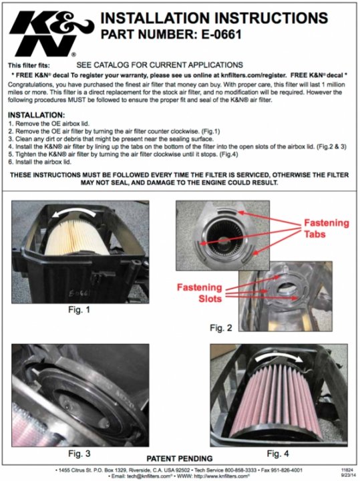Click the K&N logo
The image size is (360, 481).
pyautogui.click(x=51, y=34)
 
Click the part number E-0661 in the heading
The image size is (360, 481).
pyautogui.click(x=221, y=34)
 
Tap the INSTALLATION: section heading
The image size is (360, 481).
pyautogui.click(x=37, y=115)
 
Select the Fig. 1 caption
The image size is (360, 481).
pyautogui.click(x=79, y=310)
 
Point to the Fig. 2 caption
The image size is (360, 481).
pyautogui.click(x=221, y=328)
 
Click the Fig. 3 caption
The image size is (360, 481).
pyautogui.click(x=79, y=454)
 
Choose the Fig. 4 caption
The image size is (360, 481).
pyautogui.click(x=278, y=454)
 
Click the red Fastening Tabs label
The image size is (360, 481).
pyautogui.click(x=326, y=228)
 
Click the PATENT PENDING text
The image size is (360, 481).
pyautogui.click(x=180, y=458)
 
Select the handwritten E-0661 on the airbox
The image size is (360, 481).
pyautogui.click(x=79, y=293)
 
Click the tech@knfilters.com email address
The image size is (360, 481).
pyautogui.click(x=148, y=476)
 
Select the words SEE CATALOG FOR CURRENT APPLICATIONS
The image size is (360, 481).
pyautogui.click(x=160, y=65)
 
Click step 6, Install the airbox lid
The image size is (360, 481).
pyautogui.click(x=39, y=162)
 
